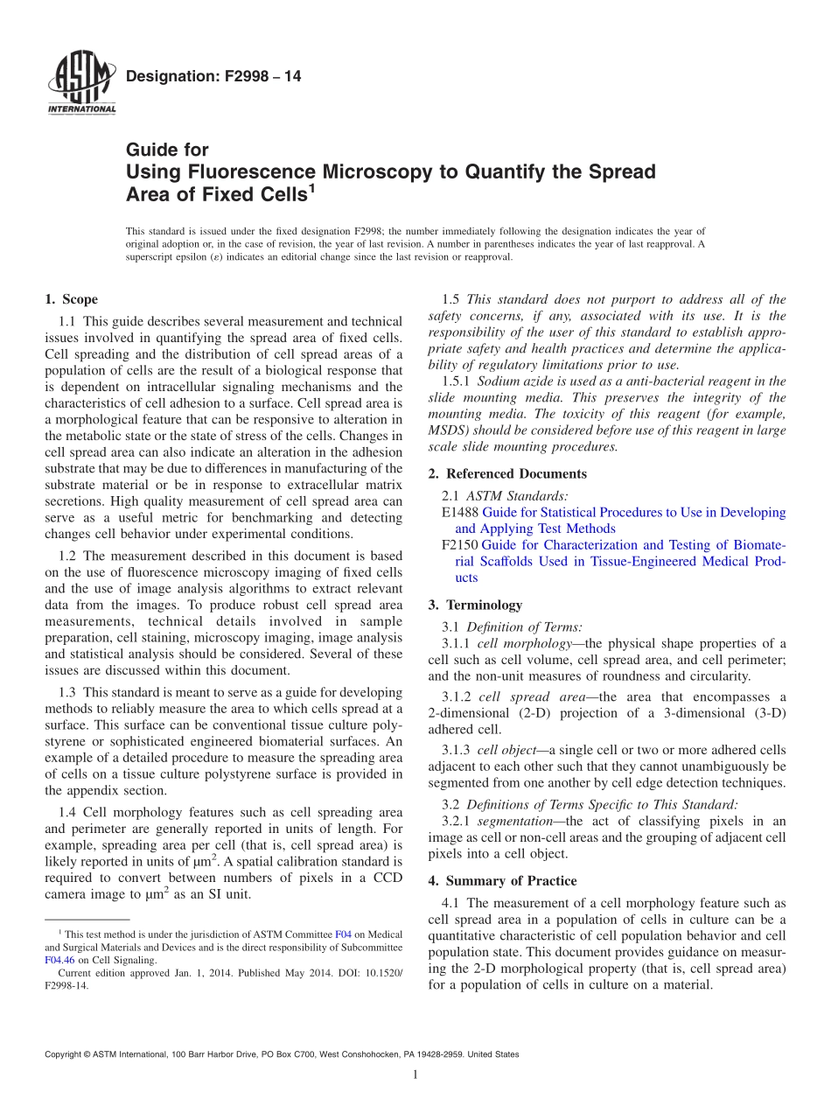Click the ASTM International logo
[80, 83]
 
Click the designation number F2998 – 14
[213, 77]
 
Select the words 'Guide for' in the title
[167, 150]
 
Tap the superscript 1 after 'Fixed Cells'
[311, 188]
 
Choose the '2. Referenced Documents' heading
[507, 473]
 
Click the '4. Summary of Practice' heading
[502, 880]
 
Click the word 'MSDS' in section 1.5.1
[448, 430]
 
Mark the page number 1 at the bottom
[415, 1074]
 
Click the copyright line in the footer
[281, 1054]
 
